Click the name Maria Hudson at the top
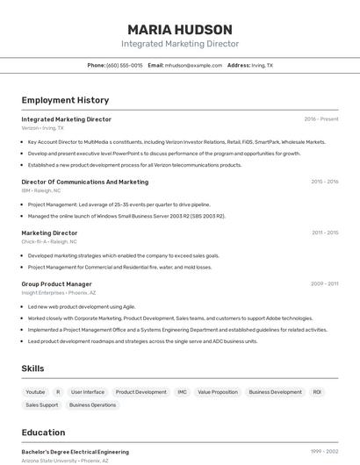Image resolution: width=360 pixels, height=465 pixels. click(x=180, y=29)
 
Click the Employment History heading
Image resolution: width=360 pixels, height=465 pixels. click(x=65, y=100)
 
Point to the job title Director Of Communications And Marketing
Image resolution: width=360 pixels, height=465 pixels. click(x=85, y=182)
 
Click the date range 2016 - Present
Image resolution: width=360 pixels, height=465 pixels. click(x=321, y=118)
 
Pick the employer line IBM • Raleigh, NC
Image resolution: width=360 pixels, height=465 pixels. click(x=41, y=190)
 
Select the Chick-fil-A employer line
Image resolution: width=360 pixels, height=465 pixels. click(x=49, y=241)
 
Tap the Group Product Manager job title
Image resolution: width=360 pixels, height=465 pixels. click(x=56, y=284)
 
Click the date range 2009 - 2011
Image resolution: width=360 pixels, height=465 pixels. click(x=324, y=283)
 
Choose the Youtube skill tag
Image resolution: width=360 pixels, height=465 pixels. click(x=35, y=392)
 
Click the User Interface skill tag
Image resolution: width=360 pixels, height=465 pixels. click(x=88, y=392)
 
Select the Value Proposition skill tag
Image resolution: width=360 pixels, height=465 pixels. click(x=218, y=392)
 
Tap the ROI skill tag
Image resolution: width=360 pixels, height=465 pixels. click(x=317, y=392)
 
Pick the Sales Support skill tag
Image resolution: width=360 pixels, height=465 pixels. click(x=42, y=405)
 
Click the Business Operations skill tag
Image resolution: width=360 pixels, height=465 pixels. click(x=93, y=405)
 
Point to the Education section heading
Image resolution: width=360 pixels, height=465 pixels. click(x=44, y=433)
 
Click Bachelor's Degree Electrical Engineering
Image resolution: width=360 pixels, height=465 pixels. click(x=76, y=451)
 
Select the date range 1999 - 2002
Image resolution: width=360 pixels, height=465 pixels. click(x=324, y=451)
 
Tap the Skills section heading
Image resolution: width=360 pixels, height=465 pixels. click(x=33, y=369)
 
